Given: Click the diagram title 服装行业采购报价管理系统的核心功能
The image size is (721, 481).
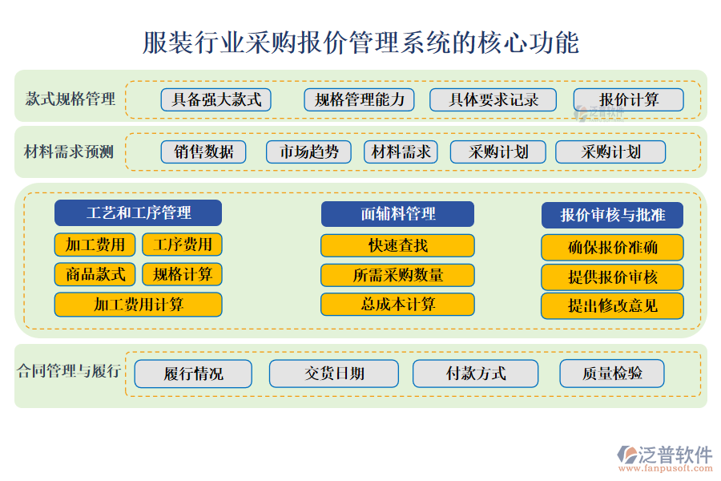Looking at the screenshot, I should [x=360, y=42].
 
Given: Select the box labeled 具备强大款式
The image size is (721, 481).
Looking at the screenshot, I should [x=216, y=99].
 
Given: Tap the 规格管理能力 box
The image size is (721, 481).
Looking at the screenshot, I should [x=360, y=99].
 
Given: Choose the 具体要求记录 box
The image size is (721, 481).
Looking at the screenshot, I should [x=493, y=99].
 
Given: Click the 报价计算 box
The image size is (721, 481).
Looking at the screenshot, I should [x=629, y=99].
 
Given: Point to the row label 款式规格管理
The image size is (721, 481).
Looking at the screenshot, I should [x=70, y=99].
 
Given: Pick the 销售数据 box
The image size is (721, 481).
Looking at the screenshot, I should [x=203, y=152].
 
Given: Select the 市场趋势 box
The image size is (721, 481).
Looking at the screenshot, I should [x=308, y=152].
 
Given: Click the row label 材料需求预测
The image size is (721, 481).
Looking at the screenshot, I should [x=69, y=152].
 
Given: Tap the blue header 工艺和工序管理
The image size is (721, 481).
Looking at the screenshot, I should [x=139, y=213].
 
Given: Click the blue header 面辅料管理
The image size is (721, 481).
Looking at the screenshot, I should [x=397, y=214].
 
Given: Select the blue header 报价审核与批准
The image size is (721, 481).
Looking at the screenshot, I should [x=613, y=215].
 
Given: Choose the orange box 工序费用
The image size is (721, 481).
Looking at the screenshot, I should [x=182, y=245].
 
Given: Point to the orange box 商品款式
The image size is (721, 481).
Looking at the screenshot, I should [x=95, y=274].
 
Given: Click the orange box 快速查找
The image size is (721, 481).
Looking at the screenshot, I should [x=397, y=245].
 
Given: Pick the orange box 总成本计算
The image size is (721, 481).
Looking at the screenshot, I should [x=397, y=305].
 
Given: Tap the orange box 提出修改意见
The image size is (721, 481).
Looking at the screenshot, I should [x=613, y=305].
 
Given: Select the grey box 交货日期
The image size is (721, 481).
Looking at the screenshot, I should [x=334, y=374].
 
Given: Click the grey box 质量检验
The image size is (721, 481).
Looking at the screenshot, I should [x=612, y=373].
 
